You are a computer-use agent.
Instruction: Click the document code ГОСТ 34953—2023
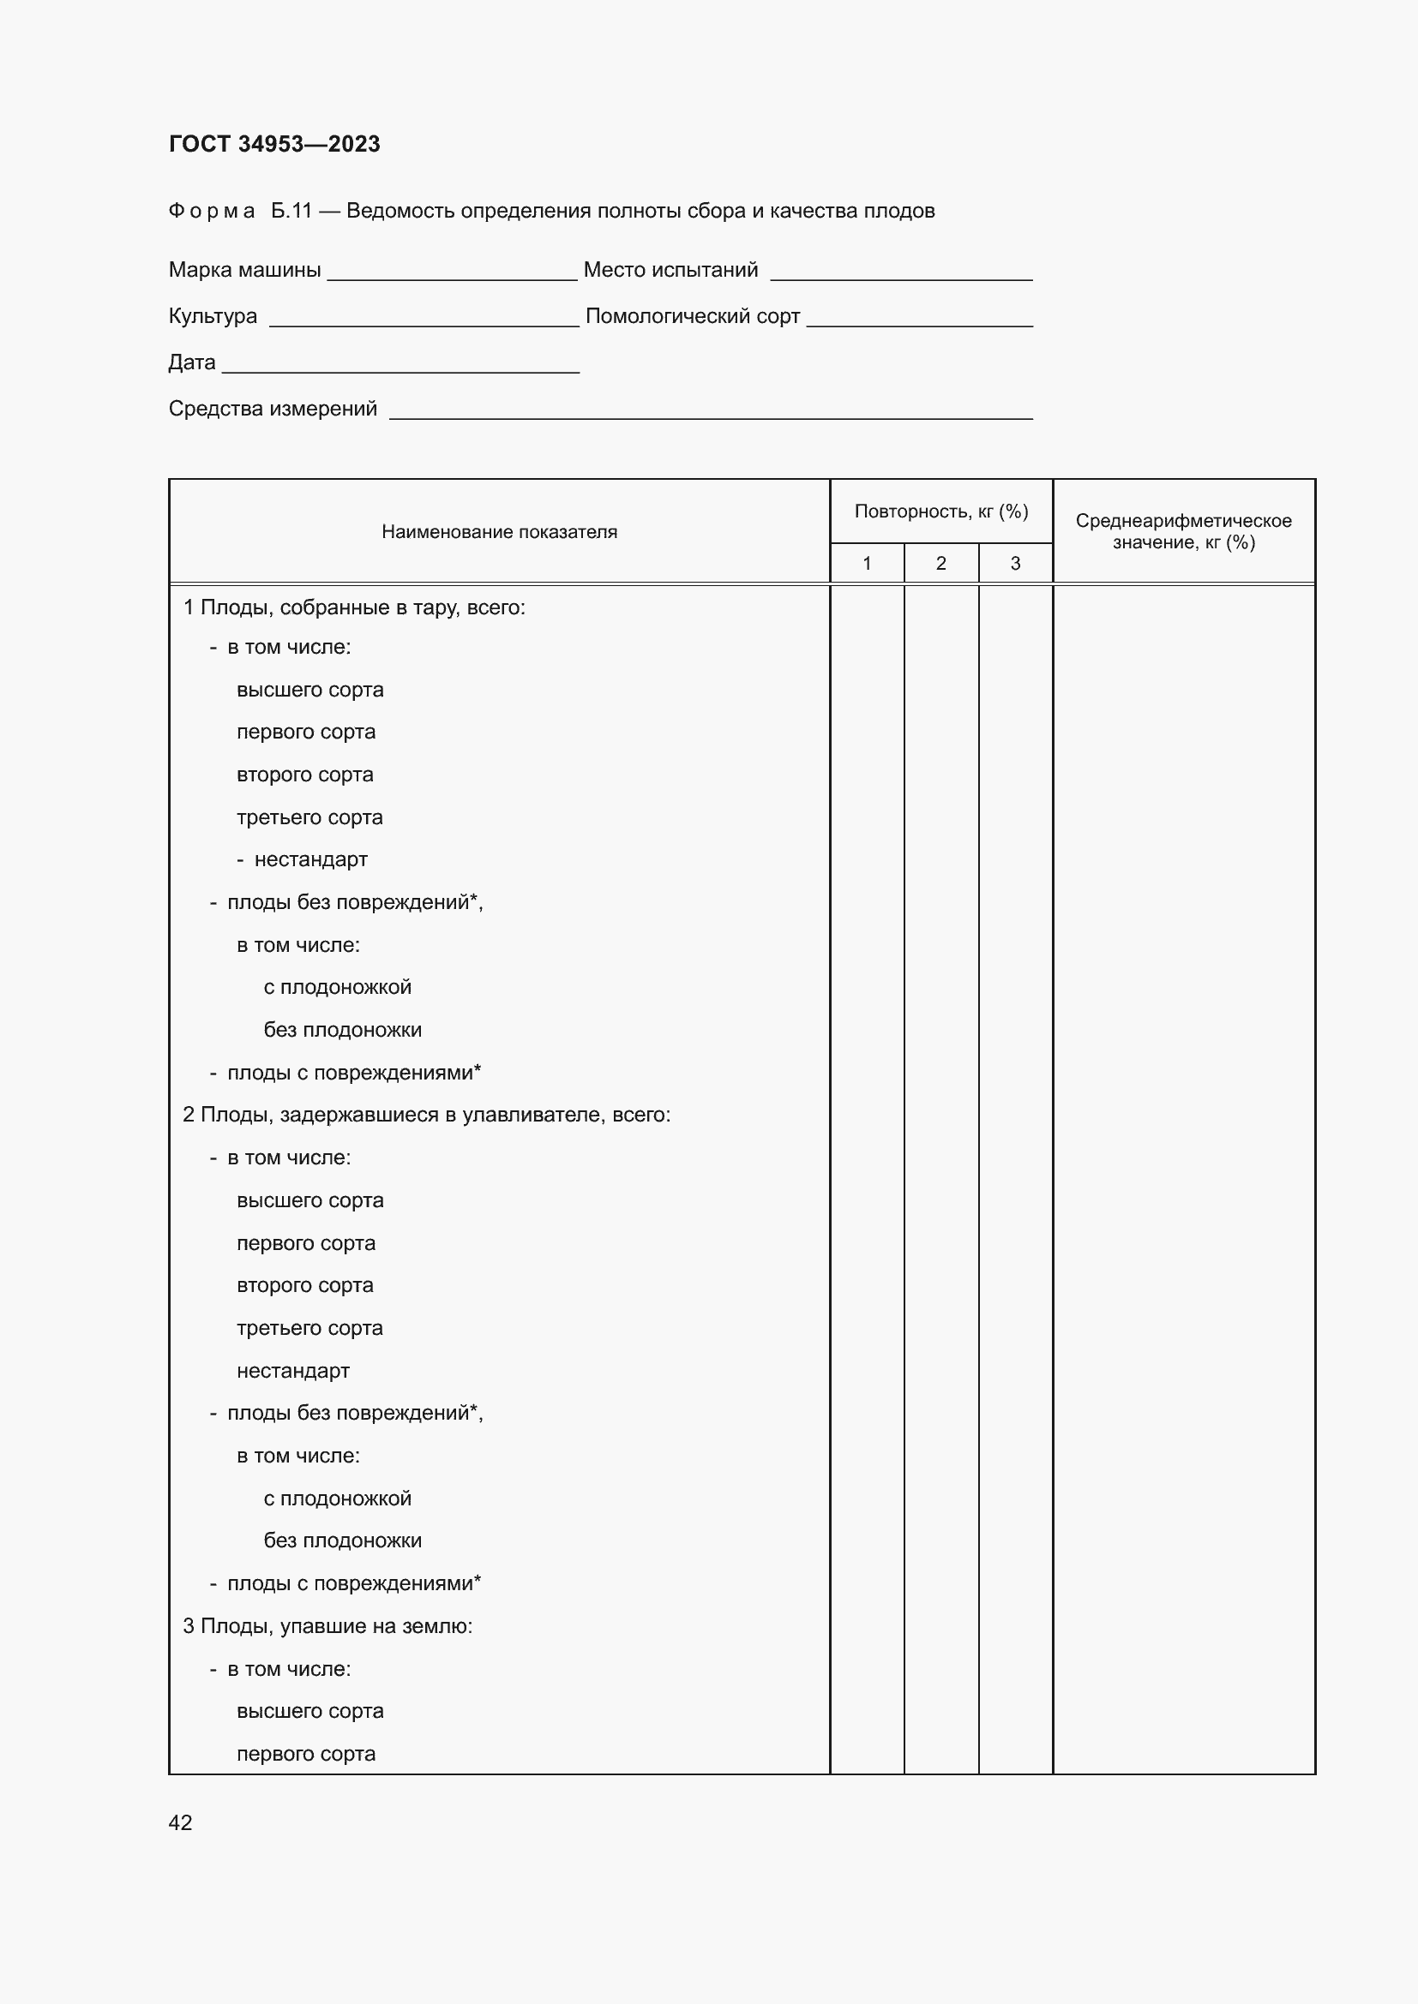274,144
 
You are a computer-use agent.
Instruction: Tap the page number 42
180,1822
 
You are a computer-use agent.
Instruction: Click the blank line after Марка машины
452,272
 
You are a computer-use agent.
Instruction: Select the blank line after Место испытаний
901,272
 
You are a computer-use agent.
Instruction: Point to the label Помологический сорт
693,316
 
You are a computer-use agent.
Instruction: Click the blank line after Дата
400,365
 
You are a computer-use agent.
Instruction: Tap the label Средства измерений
273,409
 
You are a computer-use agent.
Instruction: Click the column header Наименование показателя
499,532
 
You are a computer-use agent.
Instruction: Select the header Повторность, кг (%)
940,511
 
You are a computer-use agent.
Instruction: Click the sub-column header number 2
940,564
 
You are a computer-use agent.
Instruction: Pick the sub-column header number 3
1014,564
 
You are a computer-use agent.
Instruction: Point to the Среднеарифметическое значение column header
1183,531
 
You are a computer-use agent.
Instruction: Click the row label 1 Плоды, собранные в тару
353,607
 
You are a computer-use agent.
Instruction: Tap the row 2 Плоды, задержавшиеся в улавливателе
426,1115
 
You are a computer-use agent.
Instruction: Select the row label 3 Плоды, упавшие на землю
327,1626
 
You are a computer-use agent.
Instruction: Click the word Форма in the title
211,212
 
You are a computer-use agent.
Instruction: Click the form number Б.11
291,212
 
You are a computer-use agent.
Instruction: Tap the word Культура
212,316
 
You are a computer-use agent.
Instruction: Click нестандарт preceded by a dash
310,859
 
